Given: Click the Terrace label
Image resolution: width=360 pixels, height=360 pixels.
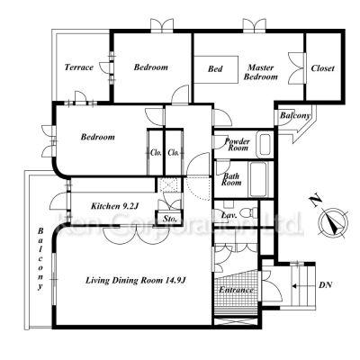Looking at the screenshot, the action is (79, 67).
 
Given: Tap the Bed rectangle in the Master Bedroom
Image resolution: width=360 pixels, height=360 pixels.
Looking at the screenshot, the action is (216, 69).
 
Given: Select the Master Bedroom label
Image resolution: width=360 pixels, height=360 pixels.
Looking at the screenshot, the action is (261, 72).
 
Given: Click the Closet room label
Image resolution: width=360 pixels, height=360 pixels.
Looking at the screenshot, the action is (323, 68).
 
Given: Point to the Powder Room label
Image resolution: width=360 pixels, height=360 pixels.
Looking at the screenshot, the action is (237, 144).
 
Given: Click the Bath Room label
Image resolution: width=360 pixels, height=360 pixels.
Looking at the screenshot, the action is (231, 179).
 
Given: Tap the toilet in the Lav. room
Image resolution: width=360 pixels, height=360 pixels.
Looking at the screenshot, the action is (249, 212).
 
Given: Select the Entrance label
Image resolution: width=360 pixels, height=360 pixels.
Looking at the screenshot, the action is (236, 290).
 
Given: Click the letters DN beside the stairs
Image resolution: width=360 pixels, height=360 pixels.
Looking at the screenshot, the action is (325, 285).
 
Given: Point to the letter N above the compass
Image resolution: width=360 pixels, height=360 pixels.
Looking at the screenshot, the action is (315, 202).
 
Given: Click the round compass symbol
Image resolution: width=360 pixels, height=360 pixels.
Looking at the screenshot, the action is (333, 223).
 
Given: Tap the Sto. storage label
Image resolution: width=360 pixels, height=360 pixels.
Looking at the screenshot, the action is (170, 219).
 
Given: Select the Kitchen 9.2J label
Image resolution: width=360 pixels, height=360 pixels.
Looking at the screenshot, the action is (114, 206).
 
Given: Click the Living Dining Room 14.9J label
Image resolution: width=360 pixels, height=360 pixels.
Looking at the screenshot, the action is (136, 281).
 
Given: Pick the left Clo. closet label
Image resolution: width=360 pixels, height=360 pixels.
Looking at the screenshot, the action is (156, 153).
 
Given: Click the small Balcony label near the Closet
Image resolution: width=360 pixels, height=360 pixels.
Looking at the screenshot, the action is (295, 115).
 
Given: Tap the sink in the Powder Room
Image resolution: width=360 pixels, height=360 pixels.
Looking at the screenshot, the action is (265, 144).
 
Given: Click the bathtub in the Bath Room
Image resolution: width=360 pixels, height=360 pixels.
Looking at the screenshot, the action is (257, 179).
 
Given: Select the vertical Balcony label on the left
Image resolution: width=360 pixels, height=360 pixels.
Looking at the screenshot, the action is (40, 259).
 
